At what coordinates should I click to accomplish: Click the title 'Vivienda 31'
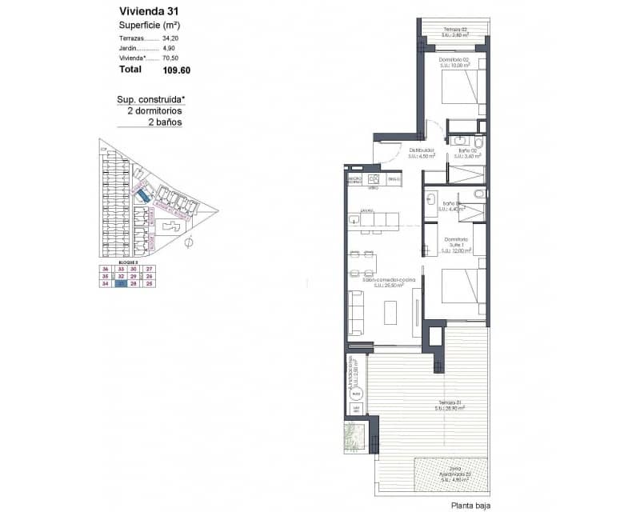click(x=148, y=11)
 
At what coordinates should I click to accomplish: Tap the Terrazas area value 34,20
click(x=170, y=38)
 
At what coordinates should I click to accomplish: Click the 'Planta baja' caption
click(x=471, y=505)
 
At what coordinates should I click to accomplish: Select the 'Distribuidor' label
click(x=421, y=150)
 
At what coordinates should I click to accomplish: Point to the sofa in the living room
click(x=355, y=312)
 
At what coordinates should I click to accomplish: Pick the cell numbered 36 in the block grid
click(x=105, y=269)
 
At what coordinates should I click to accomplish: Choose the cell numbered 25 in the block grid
click(x=149, y=283)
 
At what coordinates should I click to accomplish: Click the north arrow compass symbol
click(x=189, y=241)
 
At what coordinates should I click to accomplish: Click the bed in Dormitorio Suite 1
click(x=463, y=292)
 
